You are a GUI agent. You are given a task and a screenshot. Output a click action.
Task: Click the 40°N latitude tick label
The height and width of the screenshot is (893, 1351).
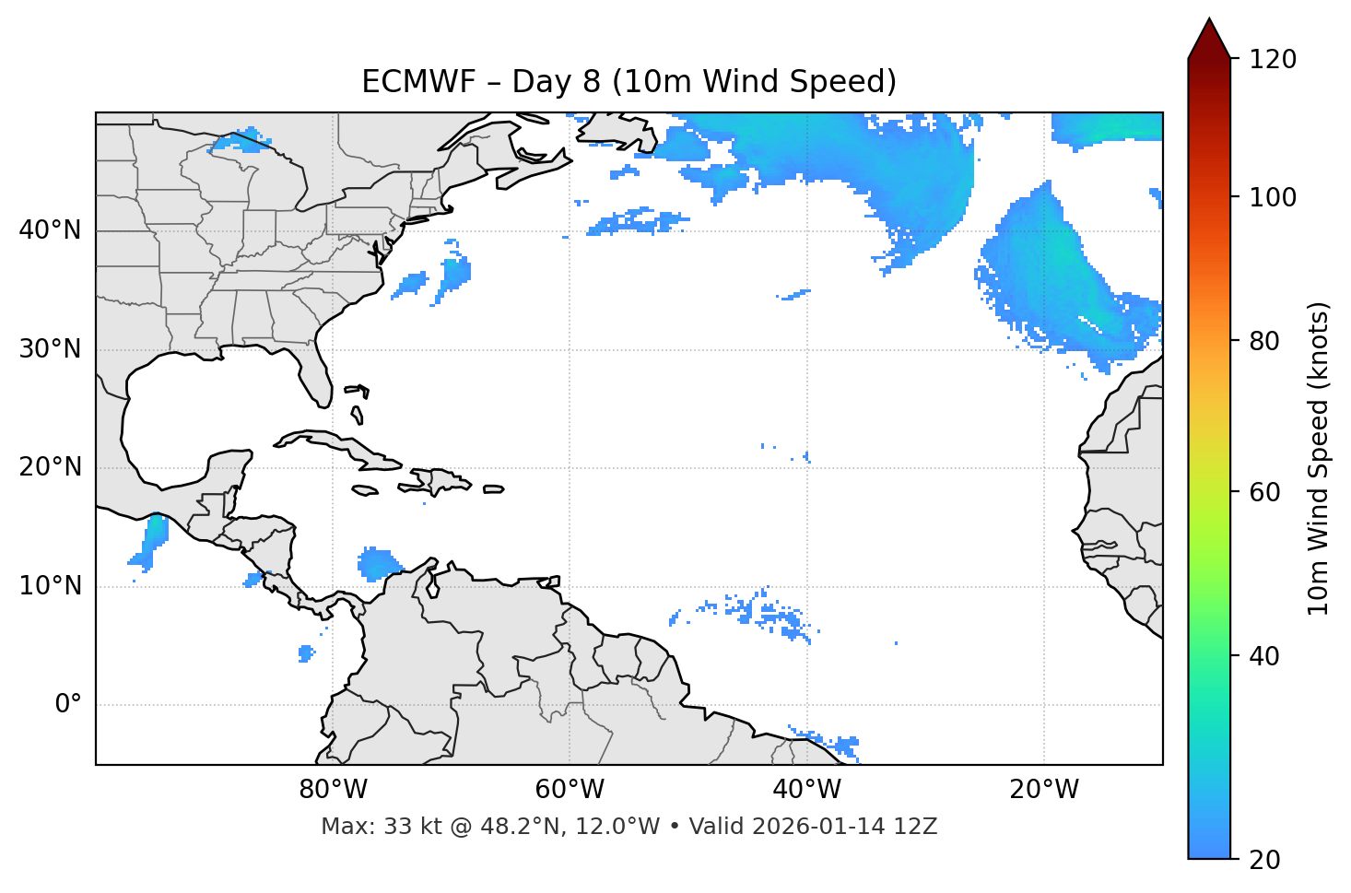tap(50, 230)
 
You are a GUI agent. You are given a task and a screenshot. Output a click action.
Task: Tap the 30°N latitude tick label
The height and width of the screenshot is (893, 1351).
tap(50, 349)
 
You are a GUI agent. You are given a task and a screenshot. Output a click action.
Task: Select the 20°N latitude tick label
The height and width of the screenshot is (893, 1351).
tap(50, 467)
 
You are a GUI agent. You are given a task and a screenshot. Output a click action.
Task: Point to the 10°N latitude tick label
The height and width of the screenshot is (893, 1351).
tap(50, 586)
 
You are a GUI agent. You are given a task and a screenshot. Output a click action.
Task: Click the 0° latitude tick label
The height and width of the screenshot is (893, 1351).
tap(68, 705)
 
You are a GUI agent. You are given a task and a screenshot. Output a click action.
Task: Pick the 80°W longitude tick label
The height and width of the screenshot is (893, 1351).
tap(333, 790)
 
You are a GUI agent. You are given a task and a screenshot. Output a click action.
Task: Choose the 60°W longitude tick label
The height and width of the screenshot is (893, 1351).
tap(570, 790)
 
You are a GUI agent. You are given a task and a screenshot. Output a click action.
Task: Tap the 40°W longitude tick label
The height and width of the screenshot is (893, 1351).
tap(806, 790)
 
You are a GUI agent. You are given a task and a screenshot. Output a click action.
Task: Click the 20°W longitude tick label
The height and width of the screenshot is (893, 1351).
tap(1044, 790)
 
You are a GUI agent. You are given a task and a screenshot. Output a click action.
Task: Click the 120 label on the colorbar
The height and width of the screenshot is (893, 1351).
tap(1274, 60)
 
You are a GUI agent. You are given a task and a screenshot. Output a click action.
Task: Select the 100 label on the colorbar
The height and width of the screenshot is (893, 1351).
tap(1274, 197)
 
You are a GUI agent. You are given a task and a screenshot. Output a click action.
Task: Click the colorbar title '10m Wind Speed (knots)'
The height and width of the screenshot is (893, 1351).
tap(1319, 458)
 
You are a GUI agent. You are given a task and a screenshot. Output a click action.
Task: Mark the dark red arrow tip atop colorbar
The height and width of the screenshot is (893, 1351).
tap(1209, 35)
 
